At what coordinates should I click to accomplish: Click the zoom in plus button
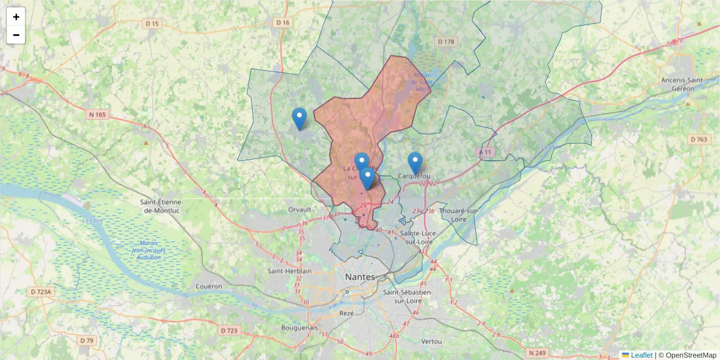[x=16, y=17]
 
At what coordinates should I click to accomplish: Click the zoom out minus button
[x=16, y=35]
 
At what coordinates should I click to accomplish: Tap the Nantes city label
[x=360, y=277]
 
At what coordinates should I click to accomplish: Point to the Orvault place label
[x=299, y=209]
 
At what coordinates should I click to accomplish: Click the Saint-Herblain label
[x=290, y=271]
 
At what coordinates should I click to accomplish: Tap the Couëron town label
[x=209, y=286]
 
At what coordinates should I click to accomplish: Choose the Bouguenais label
[x=299, y=328]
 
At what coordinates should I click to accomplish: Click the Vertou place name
[x=432, y=341]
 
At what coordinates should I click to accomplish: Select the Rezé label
[x=347, y=313]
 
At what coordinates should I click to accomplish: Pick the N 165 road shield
[x=98, y=115]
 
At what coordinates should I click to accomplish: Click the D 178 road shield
[x=446, y=41]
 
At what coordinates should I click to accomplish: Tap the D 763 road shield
[x=698, y=140]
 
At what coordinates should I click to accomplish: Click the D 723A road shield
[x=42, y=292]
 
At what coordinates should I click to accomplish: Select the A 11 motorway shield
[x=485, y=152]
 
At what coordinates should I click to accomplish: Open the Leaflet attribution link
[x=641, y=355]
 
